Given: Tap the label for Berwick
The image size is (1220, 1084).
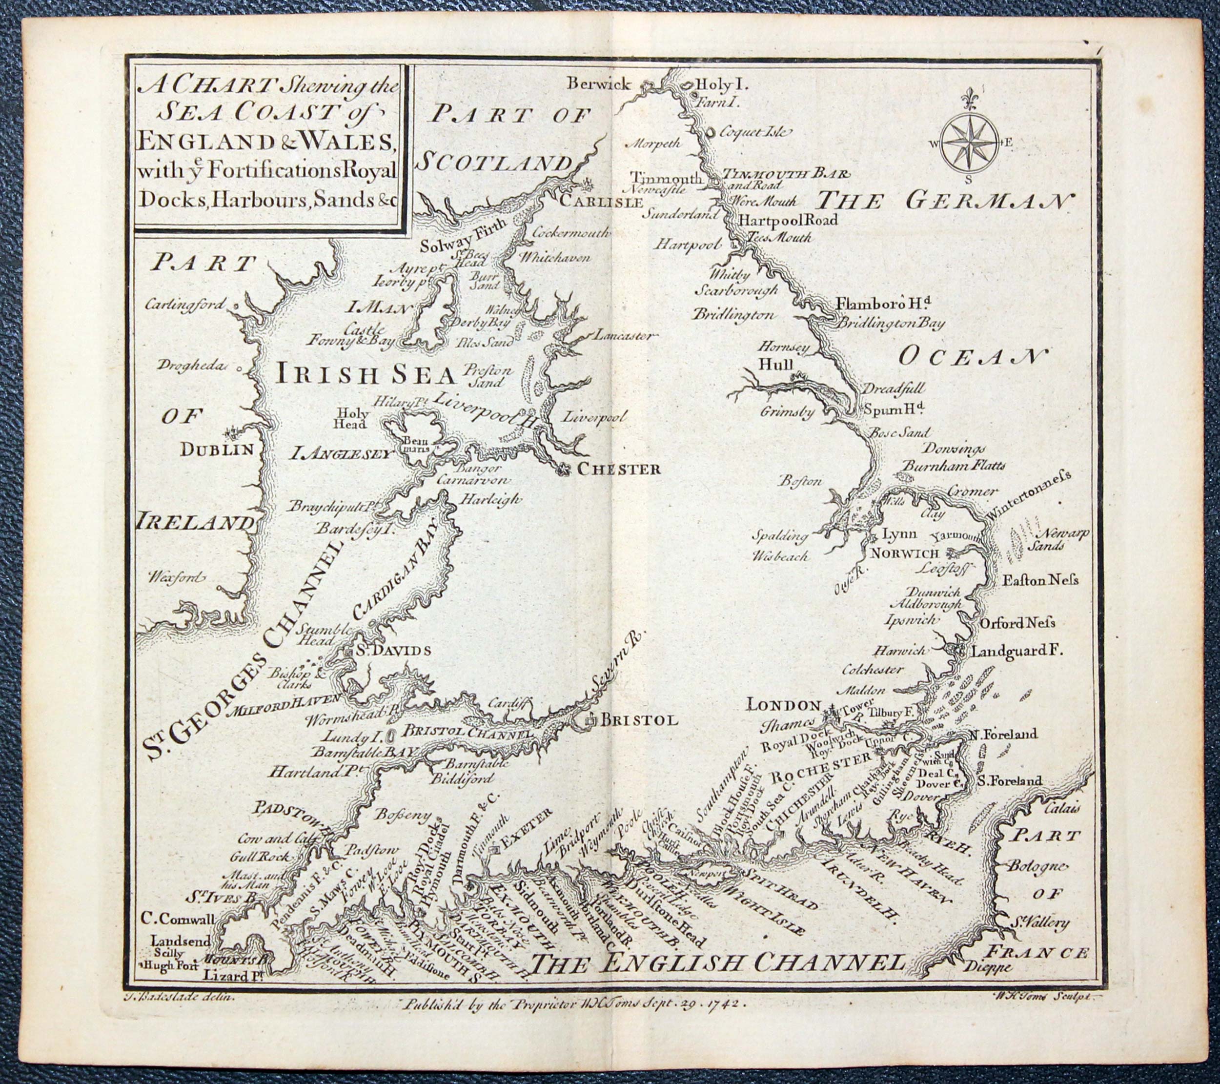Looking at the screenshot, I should click(x=599, y=85).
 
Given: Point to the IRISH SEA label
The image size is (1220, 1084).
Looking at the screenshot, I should click(x=366, y=374).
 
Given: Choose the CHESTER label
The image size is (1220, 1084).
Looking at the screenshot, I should click(x=618, y=469).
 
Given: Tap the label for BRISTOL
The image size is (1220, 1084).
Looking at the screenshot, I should click(x=639, y=720).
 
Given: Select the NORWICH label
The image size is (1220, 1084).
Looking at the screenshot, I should click(x=905, y=553).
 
